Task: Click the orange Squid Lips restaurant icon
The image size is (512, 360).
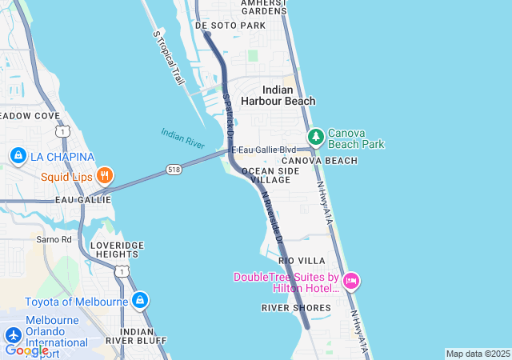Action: pyautogui.click(x=104, y=175)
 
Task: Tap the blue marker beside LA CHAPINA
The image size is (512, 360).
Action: pyautogui.click(x=18, y=155)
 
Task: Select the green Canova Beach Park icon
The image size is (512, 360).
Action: pyautogui.click(x=316, y=138)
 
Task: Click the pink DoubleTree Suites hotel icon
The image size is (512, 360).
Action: pyautogui.click(x=350, y=282)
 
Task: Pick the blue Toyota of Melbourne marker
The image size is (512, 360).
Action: pyautogui.click(x=140, y=301)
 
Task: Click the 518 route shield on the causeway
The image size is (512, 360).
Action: pyautogui.click(x=174, y=169)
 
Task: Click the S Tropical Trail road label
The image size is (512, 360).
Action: pyautogui.click(x=169, y=58)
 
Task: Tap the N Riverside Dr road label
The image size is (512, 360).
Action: pyautogui.click(x=273, y=217)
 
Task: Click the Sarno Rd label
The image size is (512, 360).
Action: pyautogui.click(x=54, y=238)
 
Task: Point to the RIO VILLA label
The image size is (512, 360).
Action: pyautogui.click(x=302, y=261)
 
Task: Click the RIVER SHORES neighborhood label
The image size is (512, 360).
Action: pyautogui.click(x=295, y=307)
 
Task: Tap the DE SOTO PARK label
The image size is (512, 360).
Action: pyautogui.click(x=230, y=26)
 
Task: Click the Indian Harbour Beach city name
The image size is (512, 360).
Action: pyautogui.click(x=278, y=95)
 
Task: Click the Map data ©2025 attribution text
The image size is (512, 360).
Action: pyautogui.click(x=478, y=354)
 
